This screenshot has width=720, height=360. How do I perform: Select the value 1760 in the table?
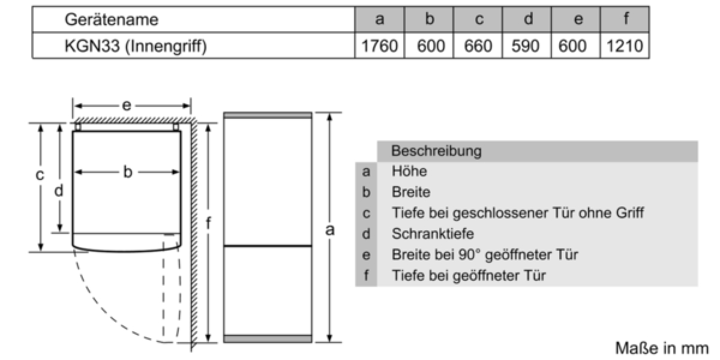coord(380,46)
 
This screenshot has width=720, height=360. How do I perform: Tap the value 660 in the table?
coord(478,46)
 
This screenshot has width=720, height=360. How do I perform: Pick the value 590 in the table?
coord(526,46)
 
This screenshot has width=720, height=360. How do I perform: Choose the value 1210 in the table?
coord(625,46)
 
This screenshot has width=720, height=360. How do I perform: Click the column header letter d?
coord(528,19)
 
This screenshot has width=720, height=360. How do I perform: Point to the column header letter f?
coord(626,18)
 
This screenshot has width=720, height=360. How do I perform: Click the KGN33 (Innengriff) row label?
coord(136,46)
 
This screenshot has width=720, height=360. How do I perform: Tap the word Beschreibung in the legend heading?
coord(436,151)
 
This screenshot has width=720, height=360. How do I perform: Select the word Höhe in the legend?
coord(409,171)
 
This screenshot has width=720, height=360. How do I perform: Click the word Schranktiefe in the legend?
coord(433,233)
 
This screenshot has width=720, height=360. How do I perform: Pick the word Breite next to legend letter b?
coord(411,192)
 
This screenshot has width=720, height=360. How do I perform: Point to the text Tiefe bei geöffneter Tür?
coord(469,275)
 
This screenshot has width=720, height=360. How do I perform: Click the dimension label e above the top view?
coord(127,106)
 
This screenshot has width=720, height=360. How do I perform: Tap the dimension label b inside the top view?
coord(128,172)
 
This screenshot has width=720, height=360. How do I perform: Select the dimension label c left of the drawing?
coord(40,175)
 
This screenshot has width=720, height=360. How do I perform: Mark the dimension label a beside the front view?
coord(330,230)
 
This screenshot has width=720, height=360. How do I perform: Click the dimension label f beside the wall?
coord(208,223)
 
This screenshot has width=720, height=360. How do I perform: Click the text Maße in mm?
coord(662,349)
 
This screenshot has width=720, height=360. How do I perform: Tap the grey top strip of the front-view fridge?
coord(268,115)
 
